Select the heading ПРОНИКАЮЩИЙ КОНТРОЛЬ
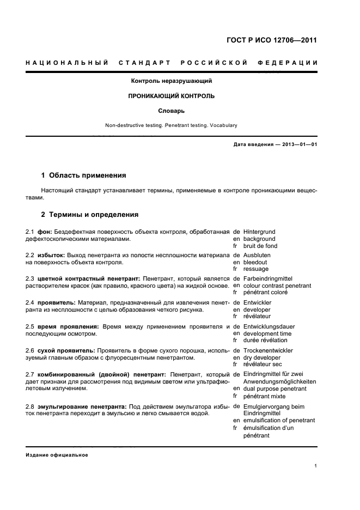(171, 96)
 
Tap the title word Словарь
(171, 111)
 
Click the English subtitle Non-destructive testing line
(171, 125)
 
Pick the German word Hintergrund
(260, 232)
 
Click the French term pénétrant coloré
(265, 292)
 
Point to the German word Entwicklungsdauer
(268, 326)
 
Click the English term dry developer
(262, 357)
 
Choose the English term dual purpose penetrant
(274, 389)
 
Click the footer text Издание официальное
(57, 455)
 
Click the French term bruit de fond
(260, 246)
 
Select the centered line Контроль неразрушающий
(171, 81)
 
